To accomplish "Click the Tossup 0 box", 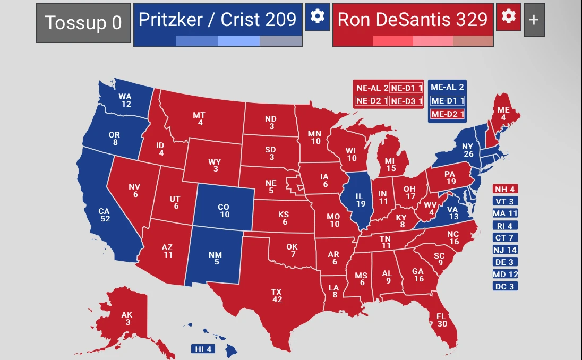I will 83,23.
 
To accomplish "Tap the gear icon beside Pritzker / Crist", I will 317,16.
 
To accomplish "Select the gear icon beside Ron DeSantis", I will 508,16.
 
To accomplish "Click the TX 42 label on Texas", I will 277,296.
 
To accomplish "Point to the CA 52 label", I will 104,215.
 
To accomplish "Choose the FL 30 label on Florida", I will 442,320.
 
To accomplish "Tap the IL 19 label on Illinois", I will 361,200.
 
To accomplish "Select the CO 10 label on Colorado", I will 225,211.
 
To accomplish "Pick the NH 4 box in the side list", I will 505,189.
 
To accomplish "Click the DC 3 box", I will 505,286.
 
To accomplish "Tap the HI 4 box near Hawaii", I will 203,349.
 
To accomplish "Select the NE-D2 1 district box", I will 371,100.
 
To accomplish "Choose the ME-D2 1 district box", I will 447,114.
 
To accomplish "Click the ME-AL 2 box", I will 447,87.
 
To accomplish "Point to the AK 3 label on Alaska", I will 127,319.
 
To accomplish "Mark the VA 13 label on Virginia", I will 453,213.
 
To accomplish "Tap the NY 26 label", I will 467,150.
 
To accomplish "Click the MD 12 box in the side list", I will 505,274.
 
